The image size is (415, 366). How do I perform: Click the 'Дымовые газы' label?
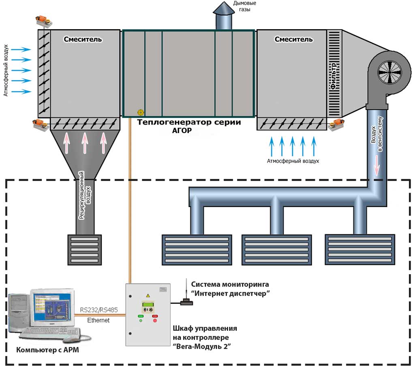pos(244,6)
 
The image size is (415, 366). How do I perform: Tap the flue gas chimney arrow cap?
pos(224,8)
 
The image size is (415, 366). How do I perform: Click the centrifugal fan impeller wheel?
pos(389,72)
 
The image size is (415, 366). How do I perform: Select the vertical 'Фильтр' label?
pos(334,76)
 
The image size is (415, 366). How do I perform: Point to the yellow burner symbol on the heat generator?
pos(141,112)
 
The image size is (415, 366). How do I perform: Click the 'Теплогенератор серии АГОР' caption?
pos(189,126)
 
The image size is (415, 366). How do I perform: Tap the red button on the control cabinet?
pos(155,320)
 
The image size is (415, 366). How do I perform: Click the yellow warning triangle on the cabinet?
pos(148,295)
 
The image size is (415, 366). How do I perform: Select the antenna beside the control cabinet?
pos(186,292)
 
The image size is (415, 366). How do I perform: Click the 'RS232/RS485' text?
pos(99,310)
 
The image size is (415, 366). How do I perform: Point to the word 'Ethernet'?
pos(98,320)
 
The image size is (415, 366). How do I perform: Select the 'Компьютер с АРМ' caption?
pos(48,350)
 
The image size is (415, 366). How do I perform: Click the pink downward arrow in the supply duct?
pos(376,165)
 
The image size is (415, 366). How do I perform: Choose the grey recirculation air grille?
pos(85,250)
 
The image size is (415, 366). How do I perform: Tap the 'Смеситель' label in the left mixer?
pos(83,39)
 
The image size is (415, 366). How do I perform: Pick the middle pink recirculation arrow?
pos(85,143)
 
